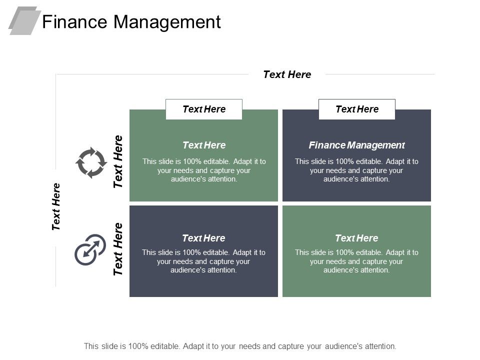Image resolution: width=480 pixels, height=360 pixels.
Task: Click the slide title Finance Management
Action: click(131, 22)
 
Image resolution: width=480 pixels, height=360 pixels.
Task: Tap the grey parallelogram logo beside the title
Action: click(24, 20)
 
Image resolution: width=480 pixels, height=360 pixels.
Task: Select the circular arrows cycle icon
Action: click(91, 162)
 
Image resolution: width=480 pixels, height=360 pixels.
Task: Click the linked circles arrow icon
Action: click(90, 249)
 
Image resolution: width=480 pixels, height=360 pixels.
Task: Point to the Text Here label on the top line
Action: click(287, 74)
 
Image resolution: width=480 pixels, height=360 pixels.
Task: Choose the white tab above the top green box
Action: click(204, 109)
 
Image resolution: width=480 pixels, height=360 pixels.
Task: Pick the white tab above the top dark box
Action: click(357, 109)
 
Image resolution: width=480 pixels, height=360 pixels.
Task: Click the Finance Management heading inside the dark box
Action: click(356, 145)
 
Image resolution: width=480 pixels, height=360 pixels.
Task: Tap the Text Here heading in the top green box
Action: click(204, 145)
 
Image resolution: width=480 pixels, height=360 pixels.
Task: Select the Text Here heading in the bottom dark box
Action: click(203, 238)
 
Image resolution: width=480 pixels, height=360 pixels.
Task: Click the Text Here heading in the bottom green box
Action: click(356, 238)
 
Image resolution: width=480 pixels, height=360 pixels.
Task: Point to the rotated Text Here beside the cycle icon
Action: click(118, 161)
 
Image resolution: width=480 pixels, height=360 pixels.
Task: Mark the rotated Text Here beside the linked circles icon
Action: click(118, 249)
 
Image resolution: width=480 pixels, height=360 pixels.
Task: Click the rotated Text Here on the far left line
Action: click(56, 206)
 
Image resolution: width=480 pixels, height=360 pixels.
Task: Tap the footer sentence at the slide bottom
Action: click(240, 345)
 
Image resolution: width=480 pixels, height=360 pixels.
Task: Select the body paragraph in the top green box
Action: click(204, 170)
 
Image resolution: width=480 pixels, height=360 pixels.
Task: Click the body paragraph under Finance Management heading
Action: click(356, 170)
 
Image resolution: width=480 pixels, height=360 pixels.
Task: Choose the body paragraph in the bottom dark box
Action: click(203, 261)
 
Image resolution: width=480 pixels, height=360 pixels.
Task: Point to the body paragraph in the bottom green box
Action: click(356, 261)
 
